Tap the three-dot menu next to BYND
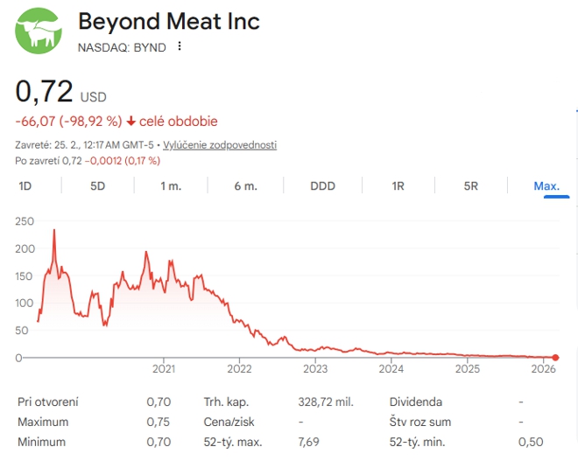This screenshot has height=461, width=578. (180, 46)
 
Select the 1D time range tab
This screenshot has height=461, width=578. (25, 185)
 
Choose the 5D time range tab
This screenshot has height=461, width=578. (97, 185)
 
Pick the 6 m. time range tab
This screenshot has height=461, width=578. (245, 185)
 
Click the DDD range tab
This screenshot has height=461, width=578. (322, 185)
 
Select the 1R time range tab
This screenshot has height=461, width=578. (398, 185)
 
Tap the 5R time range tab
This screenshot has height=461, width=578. (470, 185)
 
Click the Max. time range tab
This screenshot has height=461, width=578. (546, 185)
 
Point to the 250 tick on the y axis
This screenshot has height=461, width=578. (25, 221)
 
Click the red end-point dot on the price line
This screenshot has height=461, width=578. (555, 357)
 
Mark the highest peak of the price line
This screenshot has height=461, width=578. (54, 230)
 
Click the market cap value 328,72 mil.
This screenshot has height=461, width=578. (326, 402)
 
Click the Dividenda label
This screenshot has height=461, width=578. (416, 402)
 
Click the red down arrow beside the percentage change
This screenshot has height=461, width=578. (131, 122)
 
